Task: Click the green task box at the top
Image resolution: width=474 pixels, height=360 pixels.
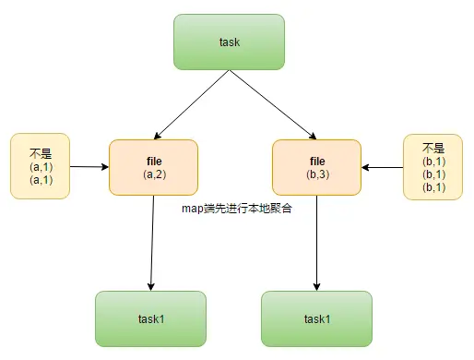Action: pyautogui.click(x=229, y=42)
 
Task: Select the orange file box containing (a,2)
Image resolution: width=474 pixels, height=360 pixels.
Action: pyautogui.click(x=153, y=167)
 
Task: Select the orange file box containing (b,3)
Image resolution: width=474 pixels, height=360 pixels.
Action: pyautogui.click(x=316, y=167)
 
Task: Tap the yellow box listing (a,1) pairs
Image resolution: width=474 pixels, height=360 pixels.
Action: pyautogui.click(x=40, y=166)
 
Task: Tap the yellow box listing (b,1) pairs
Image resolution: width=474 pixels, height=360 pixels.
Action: pyautogui.click(x=433, y=166)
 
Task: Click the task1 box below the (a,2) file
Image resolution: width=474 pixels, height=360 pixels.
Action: pyautogui.click(x=150, y=319)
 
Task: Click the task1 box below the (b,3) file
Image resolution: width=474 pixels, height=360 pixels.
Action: pyautogui.click(x=316, y=319)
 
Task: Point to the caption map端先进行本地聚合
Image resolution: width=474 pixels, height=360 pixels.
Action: pyautogui.click(x=237, y=209)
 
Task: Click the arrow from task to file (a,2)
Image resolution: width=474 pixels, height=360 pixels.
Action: pyautogui.click(x=195, y=102)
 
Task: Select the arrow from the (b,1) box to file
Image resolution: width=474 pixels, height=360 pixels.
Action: pyautogui.click(x=382, y=168)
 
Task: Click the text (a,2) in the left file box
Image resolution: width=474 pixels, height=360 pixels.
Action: pyautogui.click(x=153, y=174)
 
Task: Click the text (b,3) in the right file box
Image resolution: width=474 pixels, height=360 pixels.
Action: pyautogui.click(x=316, y=174)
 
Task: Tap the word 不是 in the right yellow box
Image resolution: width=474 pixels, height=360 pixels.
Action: pyautogui.click(x=433, y=148)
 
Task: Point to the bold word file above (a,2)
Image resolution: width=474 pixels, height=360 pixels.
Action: pyautogui.click(x=153, y=161)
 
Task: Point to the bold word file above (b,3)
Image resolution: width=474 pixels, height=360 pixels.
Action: pyautogui.click(x=316, y=161)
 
